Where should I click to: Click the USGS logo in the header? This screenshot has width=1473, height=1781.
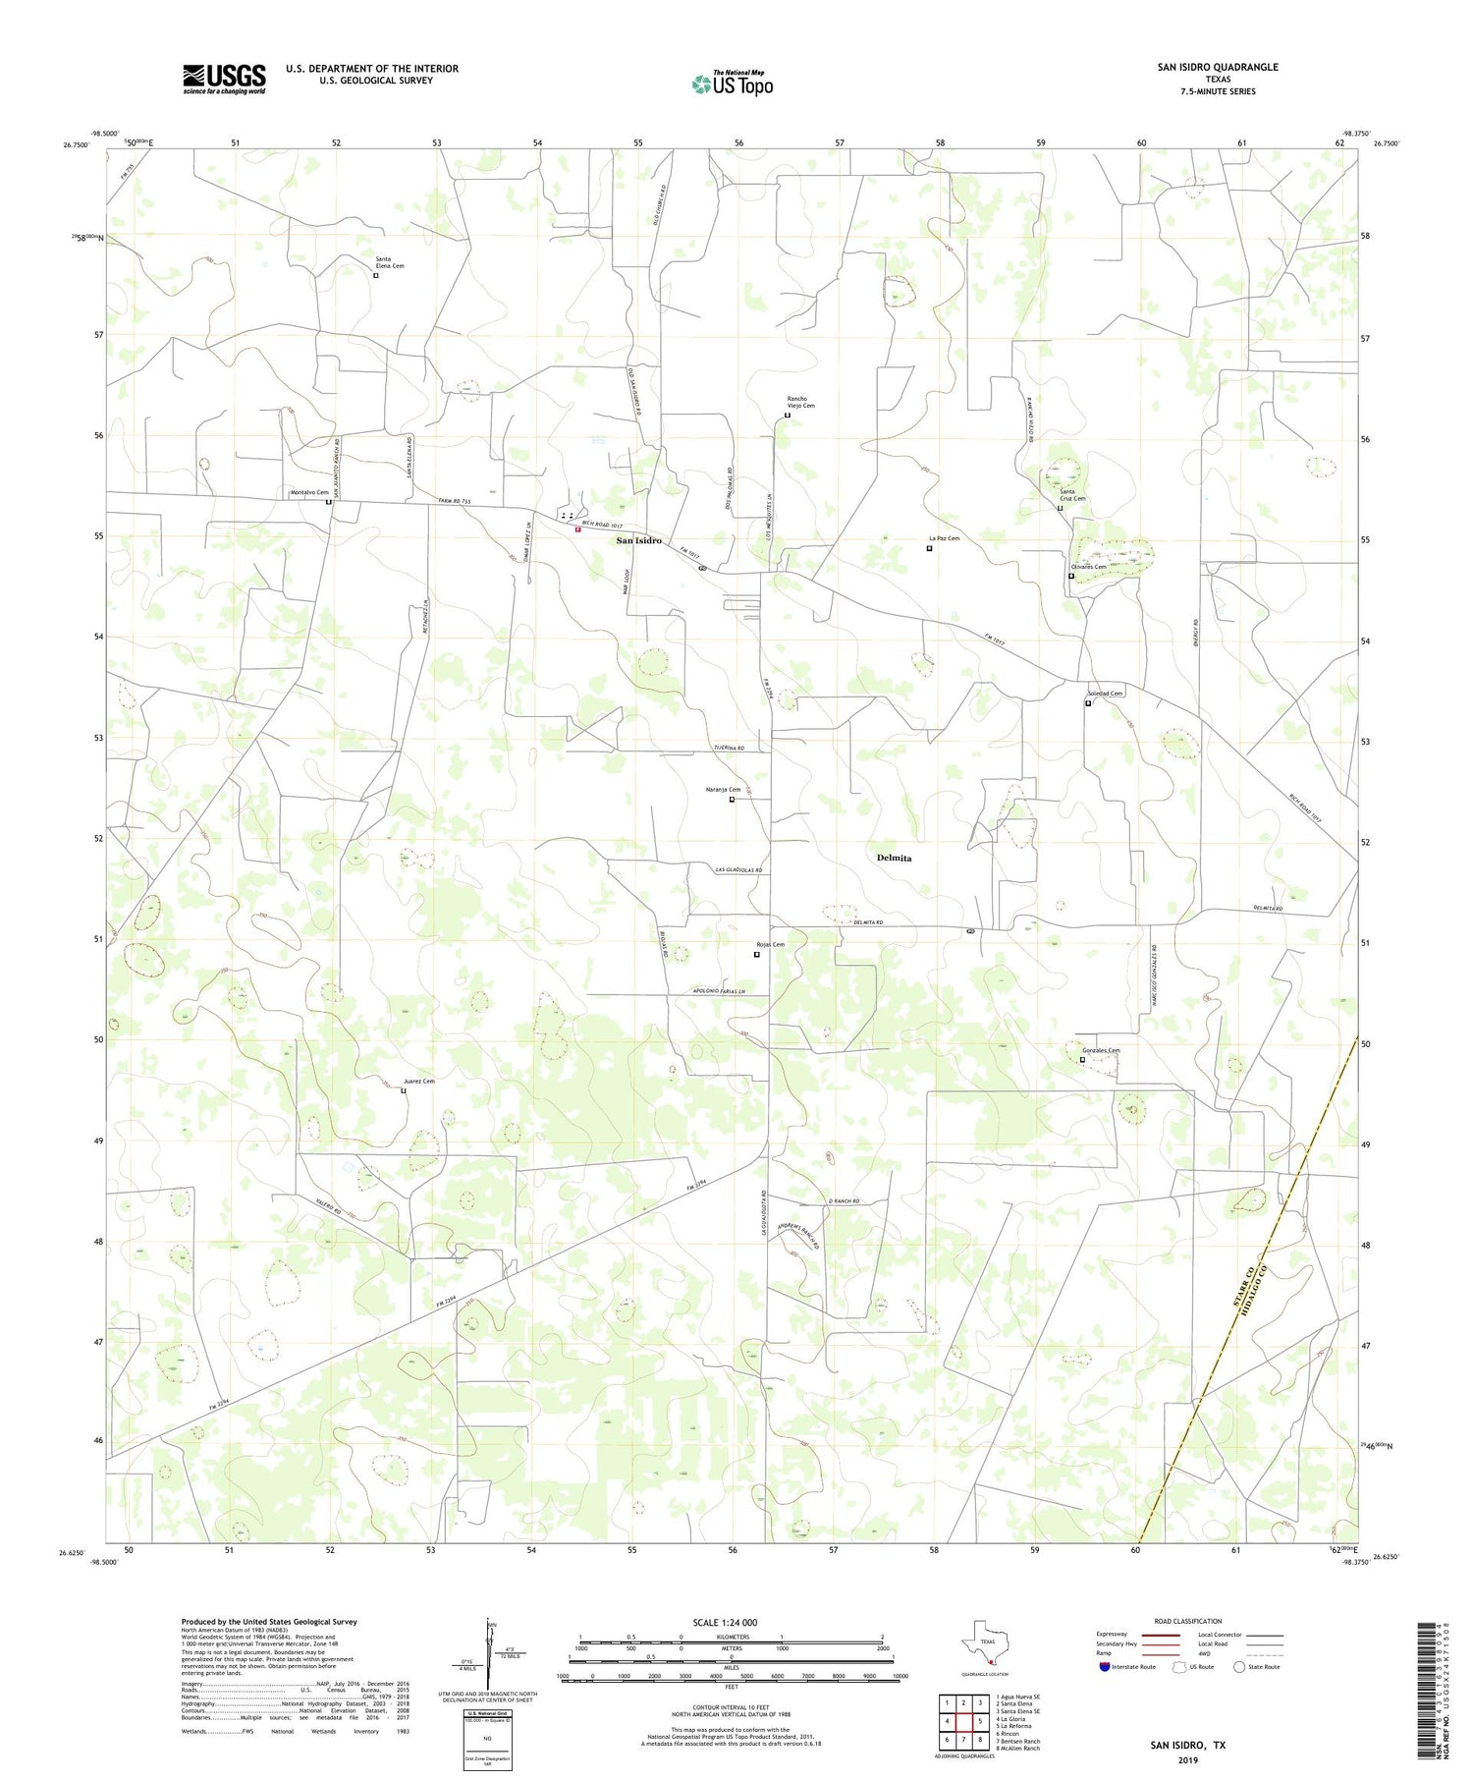(224, 79)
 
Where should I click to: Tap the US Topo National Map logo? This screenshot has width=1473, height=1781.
(732, 83)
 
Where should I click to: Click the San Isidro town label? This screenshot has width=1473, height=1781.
(638, 541)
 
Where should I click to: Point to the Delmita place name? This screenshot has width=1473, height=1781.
(894, 858)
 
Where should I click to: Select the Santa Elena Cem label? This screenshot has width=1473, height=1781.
(390, 261)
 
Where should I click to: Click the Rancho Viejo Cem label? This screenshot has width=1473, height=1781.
(800, 402)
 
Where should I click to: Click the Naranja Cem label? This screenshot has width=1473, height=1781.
(723, 790)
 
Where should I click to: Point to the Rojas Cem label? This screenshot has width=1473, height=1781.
(770, 944)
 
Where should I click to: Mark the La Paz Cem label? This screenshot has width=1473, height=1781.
(944, 538)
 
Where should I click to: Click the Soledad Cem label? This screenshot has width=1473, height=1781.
(1105, 694)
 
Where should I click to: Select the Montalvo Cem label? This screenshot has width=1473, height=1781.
(309, 492)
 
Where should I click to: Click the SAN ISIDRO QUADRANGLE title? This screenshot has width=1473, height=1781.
(1218, 67)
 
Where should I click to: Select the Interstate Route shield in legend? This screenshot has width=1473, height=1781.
(1105, 1666)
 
